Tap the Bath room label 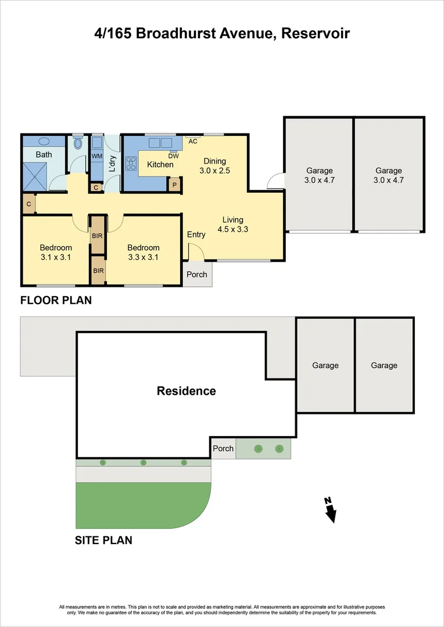point(44,154)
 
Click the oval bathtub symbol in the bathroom point(44,141)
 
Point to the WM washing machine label point(96,157)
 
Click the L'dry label point(113,164)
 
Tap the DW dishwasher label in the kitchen point(173,156)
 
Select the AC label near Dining point(194,141)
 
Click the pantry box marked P point(174,185)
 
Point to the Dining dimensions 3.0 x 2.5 point(214,171)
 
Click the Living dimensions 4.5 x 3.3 point(232,229)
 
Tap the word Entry point(196,235)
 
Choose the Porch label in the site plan point(223,448)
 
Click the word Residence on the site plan point(186,391)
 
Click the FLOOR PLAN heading point(56,300)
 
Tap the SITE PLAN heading point(103,540)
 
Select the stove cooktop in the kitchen point(131,164)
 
